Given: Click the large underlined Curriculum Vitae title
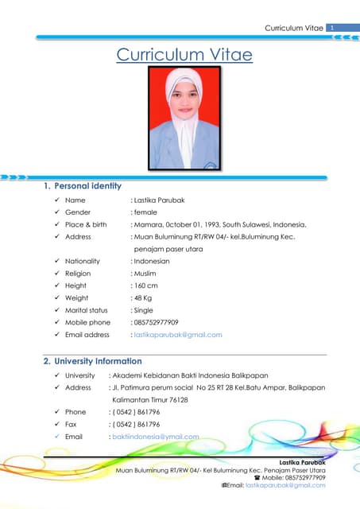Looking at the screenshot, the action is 184,55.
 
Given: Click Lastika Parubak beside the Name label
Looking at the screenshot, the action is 159,200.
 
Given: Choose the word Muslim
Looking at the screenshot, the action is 145,274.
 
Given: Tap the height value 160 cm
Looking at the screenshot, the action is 145,286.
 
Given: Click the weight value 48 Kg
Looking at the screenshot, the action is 142,297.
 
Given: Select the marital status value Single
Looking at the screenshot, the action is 143,310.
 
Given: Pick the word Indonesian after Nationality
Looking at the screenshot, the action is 150,261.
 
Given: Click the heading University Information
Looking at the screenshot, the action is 98,361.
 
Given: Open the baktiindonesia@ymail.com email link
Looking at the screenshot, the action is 154,437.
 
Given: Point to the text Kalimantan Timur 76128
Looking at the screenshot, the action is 150,399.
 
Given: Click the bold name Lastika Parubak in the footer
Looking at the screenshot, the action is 303,462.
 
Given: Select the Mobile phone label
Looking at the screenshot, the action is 87,322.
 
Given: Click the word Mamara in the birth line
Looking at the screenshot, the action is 149,224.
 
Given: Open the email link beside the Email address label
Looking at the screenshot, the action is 178,334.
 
